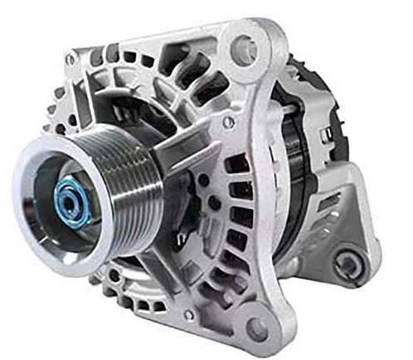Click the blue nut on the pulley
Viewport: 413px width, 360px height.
(74, 198)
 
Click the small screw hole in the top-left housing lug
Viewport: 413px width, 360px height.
(72, 61)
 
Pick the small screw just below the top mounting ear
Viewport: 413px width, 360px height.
(229, 122)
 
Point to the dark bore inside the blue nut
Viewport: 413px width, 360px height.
(68, 199)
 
